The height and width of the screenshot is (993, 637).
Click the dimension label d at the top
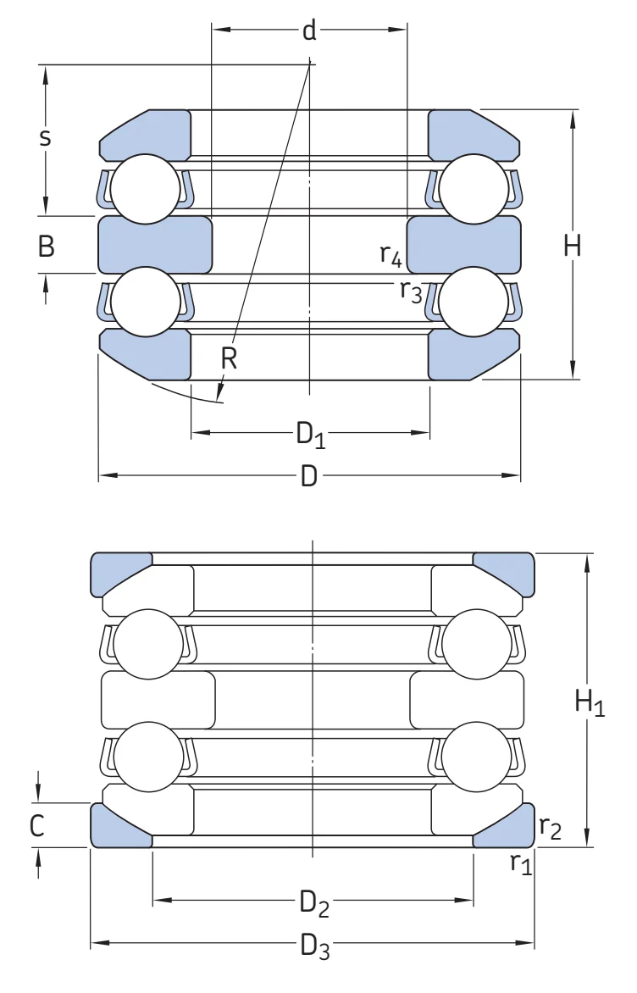pyautogui.click(x=309, y=30)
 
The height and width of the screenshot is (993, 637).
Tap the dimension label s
pyautogui.click(x=44, y=136)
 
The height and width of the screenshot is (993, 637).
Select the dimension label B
pyautogui.click(x=47, y=245)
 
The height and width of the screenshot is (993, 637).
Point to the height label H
pyautogui.click(x=573, y=245)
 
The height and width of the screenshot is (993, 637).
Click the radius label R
pyautogui.click(x=229, y=358)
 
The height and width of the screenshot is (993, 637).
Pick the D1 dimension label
pyautogui.click(x=311, y=435)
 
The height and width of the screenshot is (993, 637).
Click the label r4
pyautogui.click(x=391, y=254)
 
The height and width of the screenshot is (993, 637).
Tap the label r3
pyautogui.click(x=411, y=291)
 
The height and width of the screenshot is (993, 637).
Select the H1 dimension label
pyautogui.click(x=590, y=702)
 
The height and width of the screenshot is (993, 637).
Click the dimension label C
pyautogui.click(x=37, y=825)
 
